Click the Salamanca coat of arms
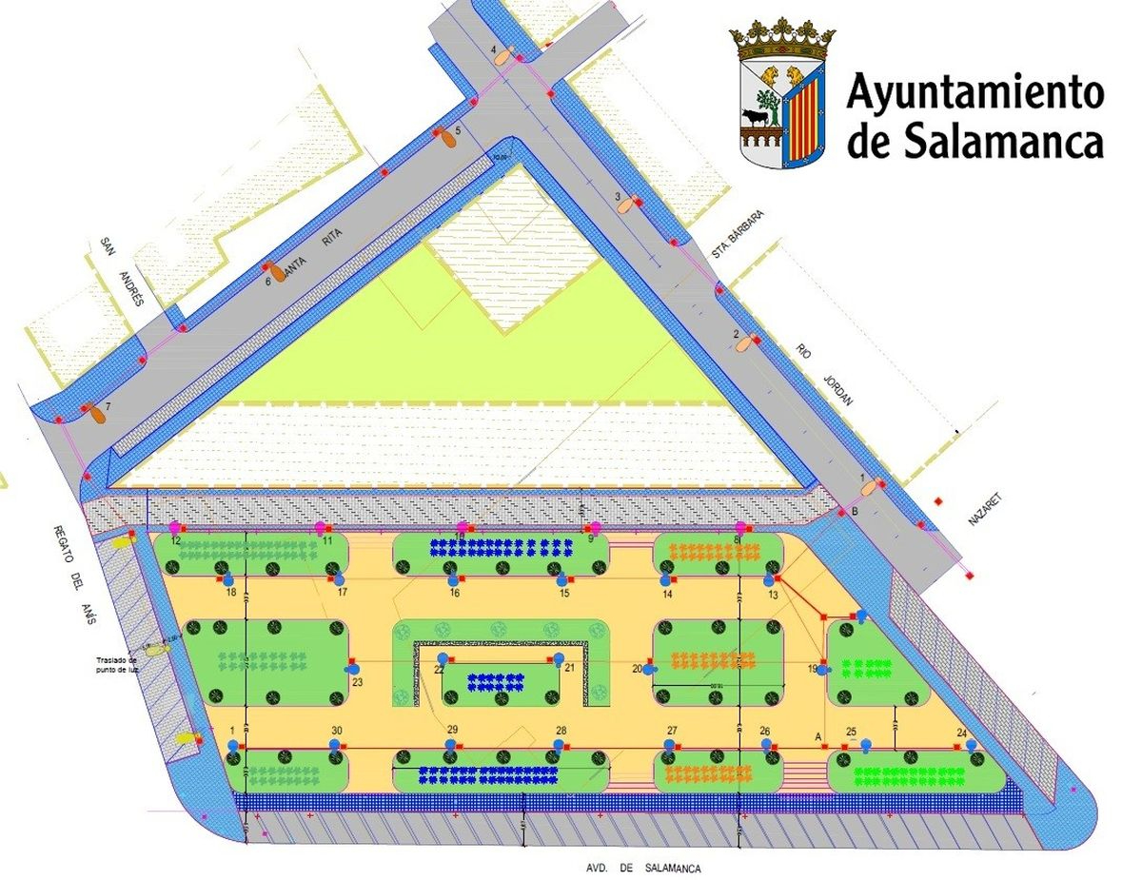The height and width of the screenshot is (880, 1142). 782,95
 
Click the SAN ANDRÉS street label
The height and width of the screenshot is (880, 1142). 120,271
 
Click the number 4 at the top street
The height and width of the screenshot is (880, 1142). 494,48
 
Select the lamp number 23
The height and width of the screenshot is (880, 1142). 358,681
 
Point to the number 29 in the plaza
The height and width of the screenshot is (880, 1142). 452,730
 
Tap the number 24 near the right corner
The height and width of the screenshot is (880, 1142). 962,733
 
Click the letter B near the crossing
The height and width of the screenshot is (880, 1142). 855,513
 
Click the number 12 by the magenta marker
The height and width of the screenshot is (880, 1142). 176,539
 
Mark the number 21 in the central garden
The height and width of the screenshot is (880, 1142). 570,668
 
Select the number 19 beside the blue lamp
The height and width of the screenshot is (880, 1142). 813,669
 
